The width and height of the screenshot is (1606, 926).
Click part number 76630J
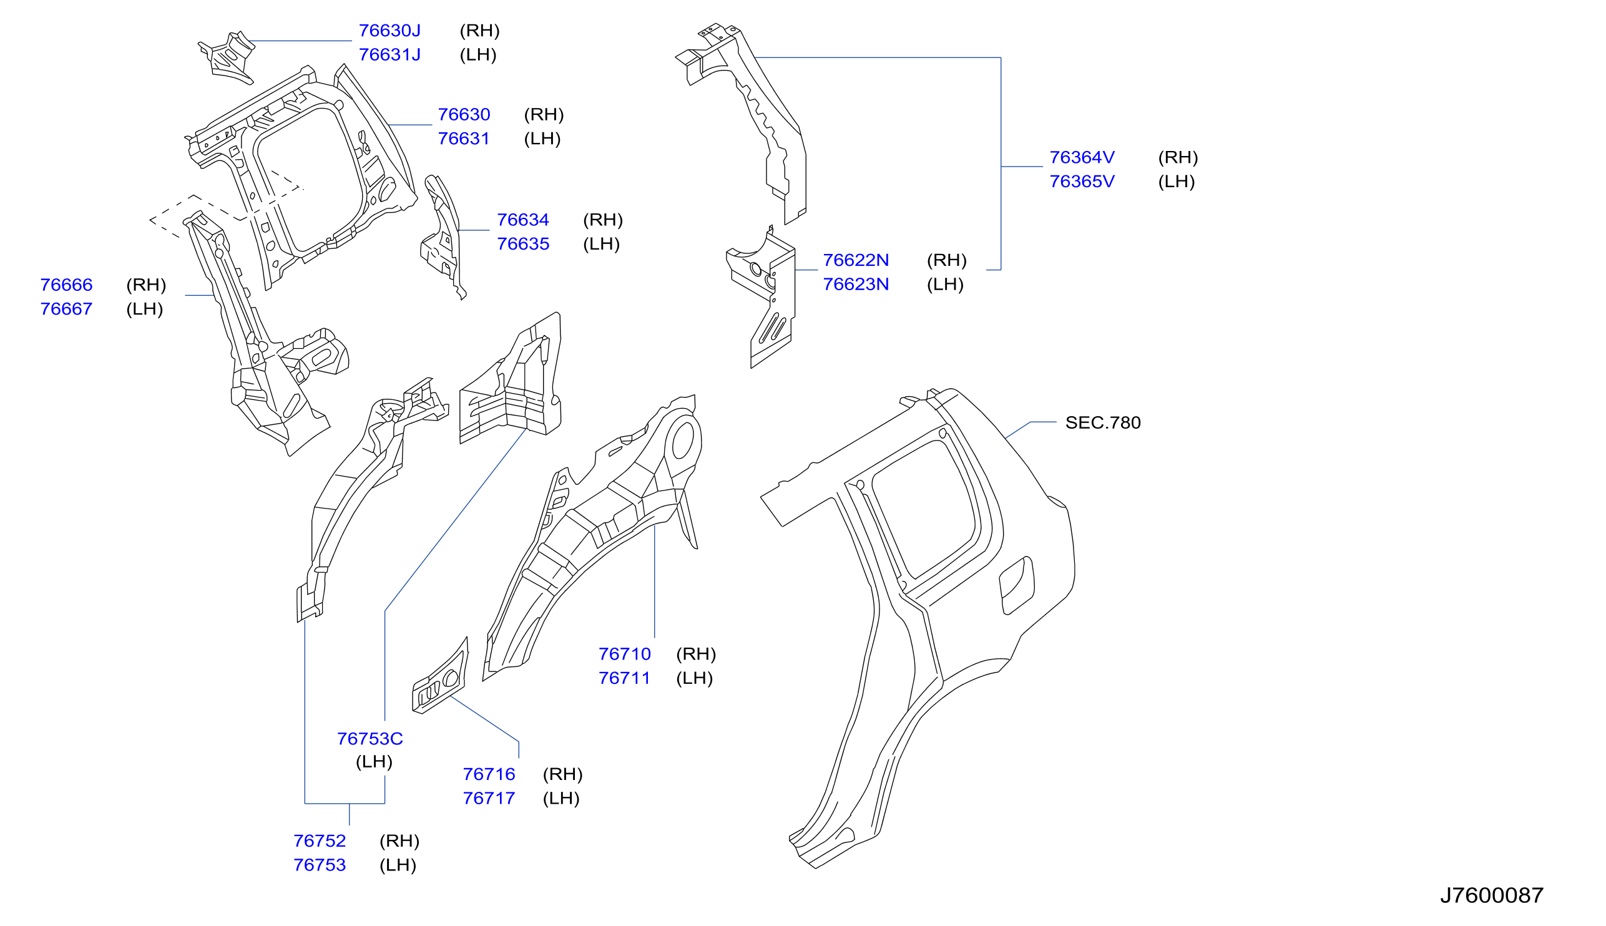click(x=389, y=31)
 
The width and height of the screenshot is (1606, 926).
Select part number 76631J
click(x=389, y=55)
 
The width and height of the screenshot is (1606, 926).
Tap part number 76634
click(x=523, y=220)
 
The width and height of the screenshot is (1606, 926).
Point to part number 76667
click(x=66, y=309)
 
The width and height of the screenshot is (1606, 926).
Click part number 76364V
click(x=1082, y=158)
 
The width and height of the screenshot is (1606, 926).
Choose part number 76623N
click(x=856, y=285)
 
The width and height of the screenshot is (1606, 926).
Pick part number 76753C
click(x=370, y=739)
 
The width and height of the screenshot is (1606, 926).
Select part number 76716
click(x=489, y=774)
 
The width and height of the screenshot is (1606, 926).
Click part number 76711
click(x=624, y=679)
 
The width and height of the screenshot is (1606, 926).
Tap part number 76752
click(x=320, y=841)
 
